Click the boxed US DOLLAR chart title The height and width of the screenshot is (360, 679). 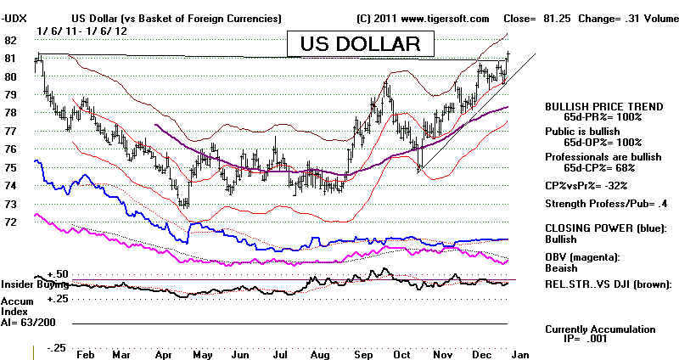coord(360,44)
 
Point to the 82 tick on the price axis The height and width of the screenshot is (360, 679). coord(10,40)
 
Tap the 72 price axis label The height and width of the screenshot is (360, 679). coord(10,222)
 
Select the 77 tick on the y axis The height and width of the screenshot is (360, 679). coord(10,131)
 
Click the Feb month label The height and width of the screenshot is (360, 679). coord(85,354)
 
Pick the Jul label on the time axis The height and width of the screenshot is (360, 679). coord(280,354)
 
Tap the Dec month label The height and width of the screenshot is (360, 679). coord(481,354)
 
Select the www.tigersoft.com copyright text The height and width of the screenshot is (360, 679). coord(445,19)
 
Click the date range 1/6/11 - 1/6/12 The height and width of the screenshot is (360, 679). coord(81,31)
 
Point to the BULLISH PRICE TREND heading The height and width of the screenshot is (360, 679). coord(603,107)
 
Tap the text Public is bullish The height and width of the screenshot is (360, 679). coord(582,132)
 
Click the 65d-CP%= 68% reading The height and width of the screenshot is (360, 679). coord(599,167)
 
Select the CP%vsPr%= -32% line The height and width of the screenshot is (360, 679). coord(586,186)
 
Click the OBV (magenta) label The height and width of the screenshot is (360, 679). coord(582,257)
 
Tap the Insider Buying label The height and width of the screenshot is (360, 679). coord(35,284)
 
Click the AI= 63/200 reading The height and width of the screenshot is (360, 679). coord(28,323)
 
